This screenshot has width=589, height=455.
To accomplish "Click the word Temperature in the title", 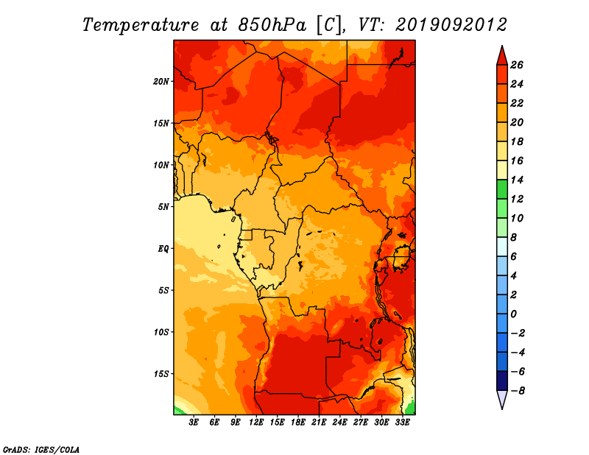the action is (x=141, y=25).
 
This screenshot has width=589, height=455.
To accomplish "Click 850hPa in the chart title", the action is (x=272, y=25).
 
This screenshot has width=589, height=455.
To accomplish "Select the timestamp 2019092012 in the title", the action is (x=451, y=25).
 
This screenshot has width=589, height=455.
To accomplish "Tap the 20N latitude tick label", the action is (x=161, y=81).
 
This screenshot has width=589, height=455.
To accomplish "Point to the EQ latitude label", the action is (x=163, y=249).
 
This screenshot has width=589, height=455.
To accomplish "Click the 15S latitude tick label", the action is (x=161, y=374).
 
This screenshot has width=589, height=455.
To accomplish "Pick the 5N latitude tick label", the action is (x=163, y=207).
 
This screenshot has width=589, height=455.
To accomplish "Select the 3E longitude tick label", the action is (x=194, y=422).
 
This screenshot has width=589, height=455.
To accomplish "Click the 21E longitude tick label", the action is (x=319, y=422).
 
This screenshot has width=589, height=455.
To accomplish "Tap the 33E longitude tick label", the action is (x=402, y=422).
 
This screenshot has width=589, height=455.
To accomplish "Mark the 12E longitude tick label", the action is (x=255, y=422).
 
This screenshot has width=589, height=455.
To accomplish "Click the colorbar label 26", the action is (x=517, y=65).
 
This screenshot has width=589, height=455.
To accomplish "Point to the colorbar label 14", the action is (x=517, y=180).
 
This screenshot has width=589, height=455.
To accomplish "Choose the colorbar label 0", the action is (x=513, y=314).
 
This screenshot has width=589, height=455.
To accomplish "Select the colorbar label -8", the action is (x=518, y=391).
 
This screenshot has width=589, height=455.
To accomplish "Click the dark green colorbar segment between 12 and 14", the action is (x=502, y=189).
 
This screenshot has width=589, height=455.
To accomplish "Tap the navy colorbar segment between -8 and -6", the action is (x=502, y=381).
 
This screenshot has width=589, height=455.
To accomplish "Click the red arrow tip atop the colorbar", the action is (x=502, y=46).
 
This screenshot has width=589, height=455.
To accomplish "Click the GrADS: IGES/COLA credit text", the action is (x=41, y=450).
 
